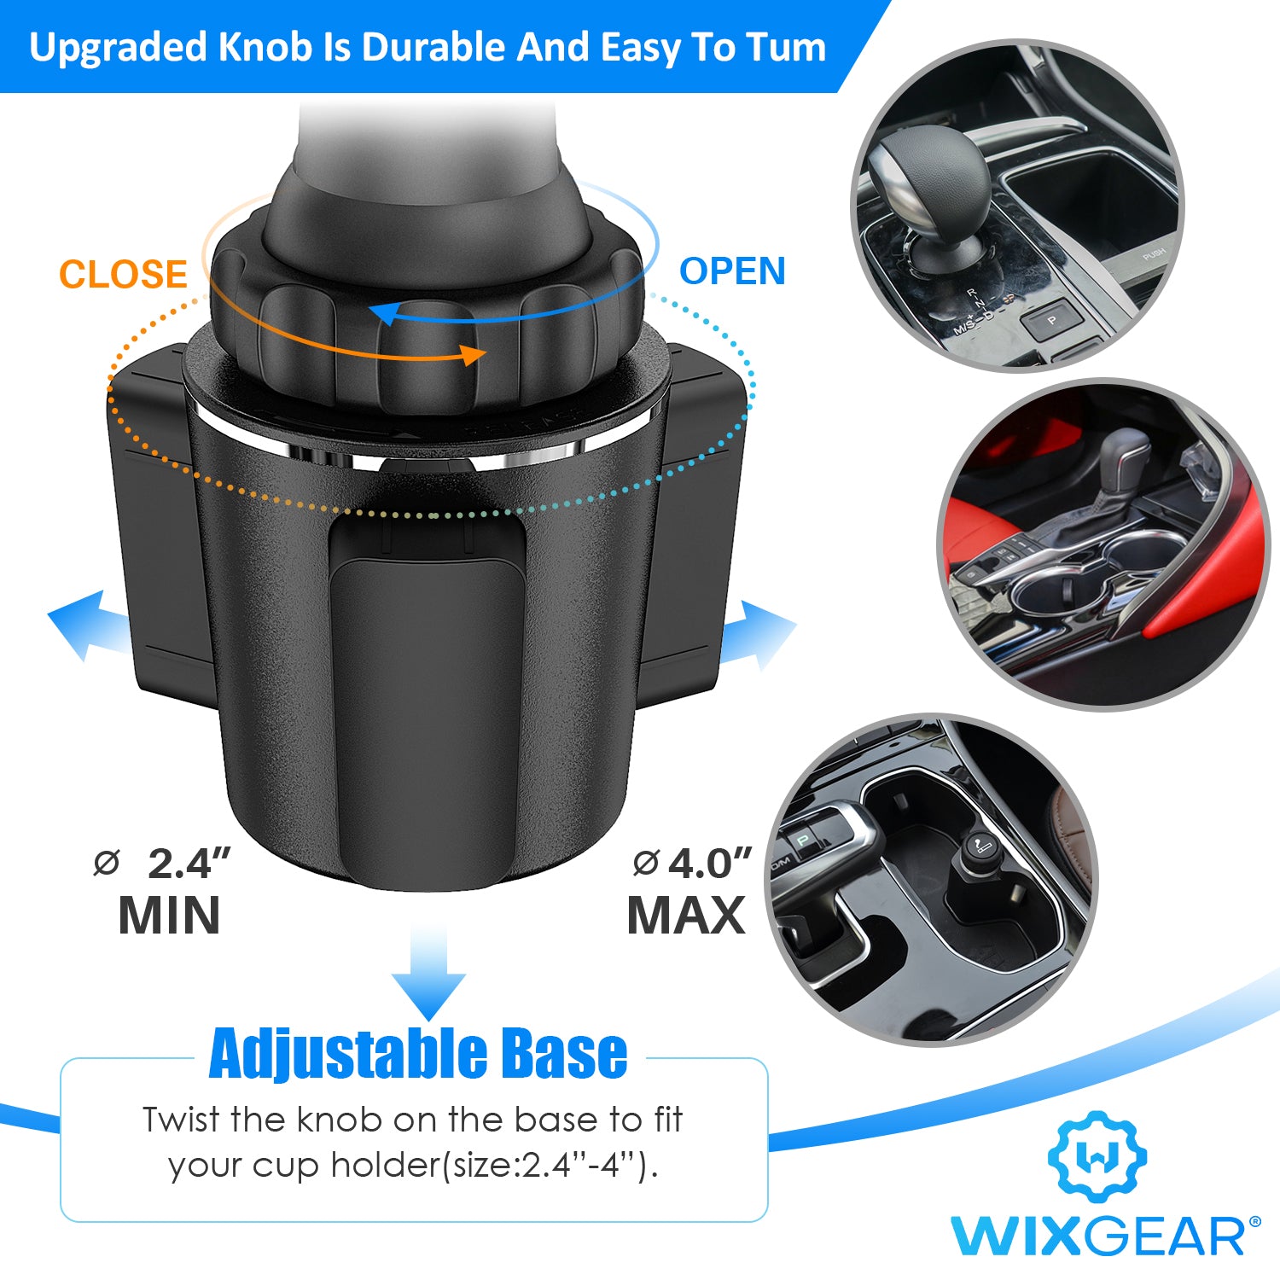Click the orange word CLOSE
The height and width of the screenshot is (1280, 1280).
point(123,275)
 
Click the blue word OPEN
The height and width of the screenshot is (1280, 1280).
point(732,271)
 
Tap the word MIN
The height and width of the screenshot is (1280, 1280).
point(169,916)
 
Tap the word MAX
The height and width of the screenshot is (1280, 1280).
point(686,916)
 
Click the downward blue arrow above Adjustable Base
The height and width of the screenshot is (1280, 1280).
point(428,973)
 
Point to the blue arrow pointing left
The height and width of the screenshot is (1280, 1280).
point(89,625)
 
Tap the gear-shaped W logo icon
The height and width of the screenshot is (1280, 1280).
point(1097,1157)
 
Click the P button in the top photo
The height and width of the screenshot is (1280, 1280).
point(1051,321)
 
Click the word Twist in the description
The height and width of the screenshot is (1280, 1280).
point(179,1120)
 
